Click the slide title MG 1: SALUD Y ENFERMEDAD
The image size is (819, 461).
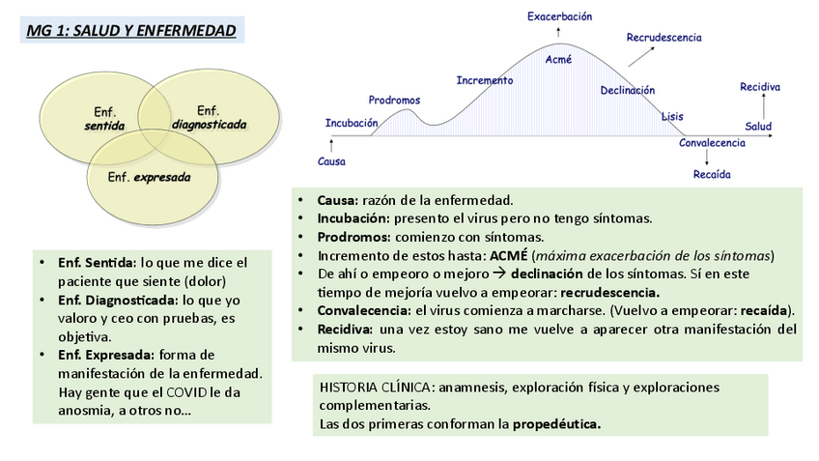[x=131, y=30]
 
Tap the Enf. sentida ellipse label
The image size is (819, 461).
[x=104, y=120]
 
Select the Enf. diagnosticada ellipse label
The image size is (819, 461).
[x=209, y=117]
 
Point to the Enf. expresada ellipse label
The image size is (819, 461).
[x=149, y=177]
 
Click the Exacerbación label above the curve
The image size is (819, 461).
[x=559, y=16]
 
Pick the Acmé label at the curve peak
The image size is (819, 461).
[x=558, y=59]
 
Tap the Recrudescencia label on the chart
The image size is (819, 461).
[x=664, y=38]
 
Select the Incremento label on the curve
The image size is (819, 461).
[x=484, y=80]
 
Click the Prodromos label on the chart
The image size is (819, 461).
[x=394, y=100]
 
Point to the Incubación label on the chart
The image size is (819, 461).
[x=351, y=123]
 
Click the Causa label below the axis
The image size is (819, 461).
[x=331, y=161]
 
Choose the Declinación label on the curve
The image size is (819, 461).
[x=627, y=90]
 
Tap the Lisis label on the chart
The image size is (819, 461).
[x=672, y=117]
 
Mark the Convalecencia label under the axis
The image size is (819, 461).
[x=712, y=143]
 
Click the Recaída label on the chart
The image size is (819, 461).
[x=712, y=174]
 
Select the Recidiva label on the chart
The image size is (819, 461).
[x=760, y=87]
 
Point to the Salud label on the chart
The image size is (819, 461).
[x=758, y=127]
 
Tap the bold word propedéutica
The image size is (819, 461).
[x=556, y=423]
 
